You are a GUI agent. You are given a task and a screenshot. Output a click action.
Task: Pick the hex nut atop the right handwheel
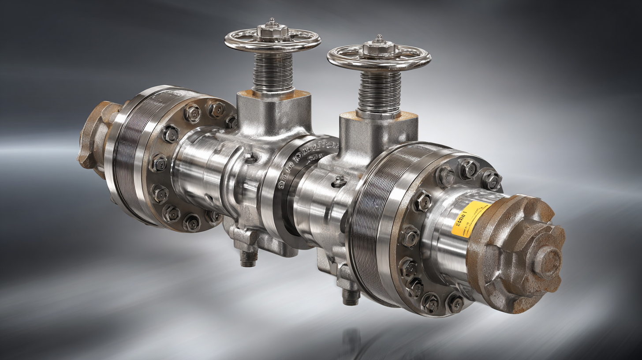378,48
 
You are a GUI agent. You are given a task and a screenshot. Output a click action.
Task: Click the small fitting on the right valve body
339,181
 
